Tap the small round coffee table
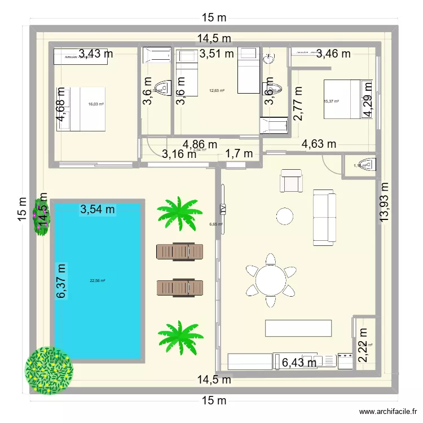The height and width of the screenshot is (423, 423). [284, 215]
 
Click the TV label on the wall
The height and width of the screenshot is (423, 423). [223, 209]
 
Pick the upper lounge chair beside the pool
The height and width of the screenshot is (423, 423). [179, 251]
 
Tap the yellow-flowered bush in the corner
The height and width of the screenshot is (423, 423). [49, 370]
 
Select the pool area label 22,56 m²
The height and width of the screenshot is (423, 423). [98, 280]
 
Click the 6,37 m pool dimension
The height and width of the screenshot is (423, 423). [61, 281]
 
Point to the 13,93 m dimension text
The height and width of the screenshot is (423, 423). [386, 201]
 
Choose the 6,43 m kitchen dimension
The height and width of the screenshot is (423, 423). [299, 363]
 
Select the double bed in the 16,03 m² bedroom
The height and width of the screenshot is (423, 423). [82, 109]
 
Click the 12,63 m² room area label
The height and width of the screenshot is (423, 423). [217, 90]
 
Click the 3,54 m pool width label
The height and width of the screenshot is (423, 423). [98, 210]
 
